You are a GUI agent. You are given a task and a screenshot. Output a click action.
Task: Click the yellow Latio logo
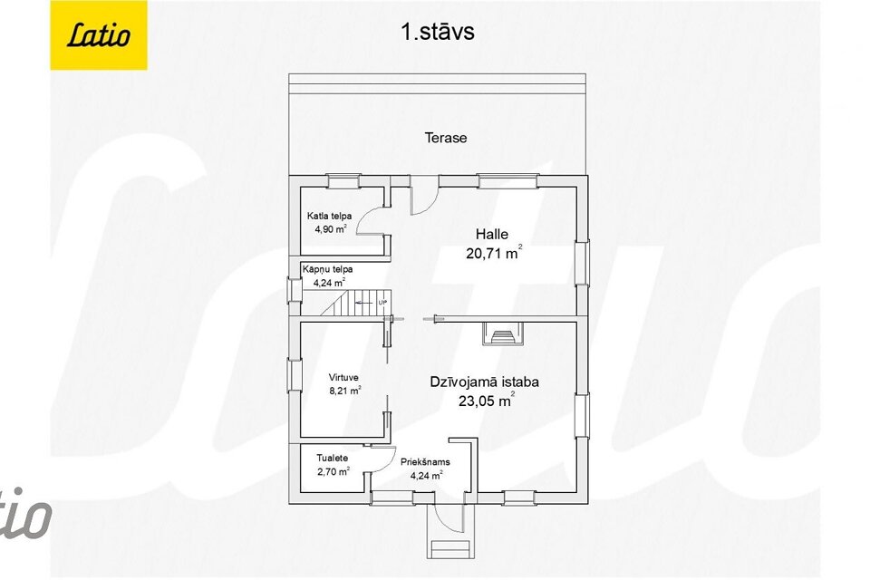(x=99, y=35)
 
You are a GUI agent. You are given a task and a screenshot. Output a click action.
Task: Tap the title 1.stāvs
(x=437, y=32)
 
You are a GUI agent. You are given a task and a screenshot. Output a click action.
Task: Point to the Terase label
(x=446, y=138)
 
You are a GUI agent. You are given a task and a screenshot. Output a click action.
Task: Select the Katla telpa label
(x=329, y=216)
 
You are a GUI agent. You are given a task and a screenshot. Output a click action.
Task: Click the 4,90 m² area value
(x=331, y=228)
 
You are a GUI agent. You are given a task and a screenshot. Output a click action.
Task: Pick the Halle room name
(x=491, y=234)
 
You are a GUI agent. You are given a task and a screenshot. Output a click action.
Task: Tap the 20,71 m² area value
(x=494, y=253)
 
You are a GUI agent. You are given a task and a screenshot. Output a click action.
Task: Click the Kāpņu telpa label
(x=327, y=269)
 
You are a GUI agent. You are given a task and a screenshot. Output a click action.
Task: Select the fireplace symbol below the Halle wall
(x=503, y=333)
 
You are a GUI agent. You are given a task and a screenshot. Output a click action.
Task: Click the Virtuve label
(x=343, y=377)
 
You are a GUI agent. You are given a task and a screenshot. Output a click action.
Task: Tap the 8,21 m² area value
(x=345, y=391)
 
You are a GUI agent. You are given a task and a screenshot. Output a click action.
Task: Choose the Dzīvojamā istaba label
(x=484, y=382)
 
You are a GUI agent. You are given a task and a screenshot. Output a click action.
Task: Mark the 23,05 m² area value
(x=486, y=401)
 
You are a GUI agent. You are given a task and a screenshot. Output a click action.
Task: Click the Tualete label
(x=333, y=458)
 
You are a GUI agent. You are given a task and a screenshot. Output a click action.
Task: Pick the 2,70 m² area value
(x=333, y=472)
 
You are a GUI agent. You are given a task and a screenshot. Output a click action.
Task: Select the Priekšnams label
(x=426, y=462)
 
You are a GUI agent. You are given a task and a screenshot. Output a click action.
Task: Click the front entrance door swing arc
(x=449, y=518)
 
